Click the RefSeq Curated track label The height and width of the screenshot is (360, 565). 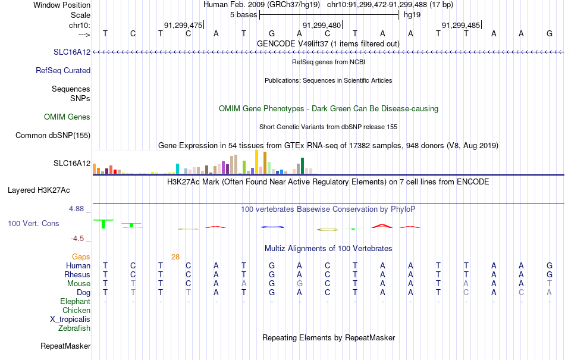tap(63, 71)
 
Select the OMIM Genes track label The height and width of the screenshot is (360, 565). tap(67, 117)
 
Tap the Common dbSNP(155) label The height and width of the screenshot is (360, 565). tap(53, 136)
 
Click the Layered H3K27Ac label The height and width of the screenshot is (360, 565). tap(39, 190)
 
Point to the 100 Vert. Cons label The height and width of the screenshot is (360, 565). tap(33, 223)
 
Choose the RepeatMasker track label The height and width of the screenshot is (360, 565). tap(65, 346)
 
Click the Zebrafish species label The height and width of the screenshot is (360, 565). tap(74, 328)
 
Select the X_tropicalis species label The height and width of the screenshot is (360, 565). tap(70, 320)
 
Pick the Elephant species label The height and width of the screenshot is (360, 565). tap(76, 301)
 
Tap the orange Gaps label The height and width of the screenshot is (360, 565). tap(81, 256)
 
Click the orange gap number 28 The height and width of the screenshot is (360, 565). tap(175, 257)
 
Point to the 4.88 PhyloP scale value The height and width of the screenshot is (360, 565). tap(76, 209)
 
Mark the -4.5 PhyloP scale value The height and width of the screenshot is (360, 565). tap(77, 239)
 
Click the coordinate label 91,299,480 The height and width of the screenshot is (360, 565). tap(321, 25)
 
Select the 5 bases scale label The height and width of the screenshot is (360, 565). tap(244, 15)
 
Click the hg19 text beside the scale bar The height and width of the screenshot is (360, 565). tap(412, 15)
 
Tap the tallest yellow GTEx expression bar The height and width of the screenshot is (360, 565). tap(256, 162)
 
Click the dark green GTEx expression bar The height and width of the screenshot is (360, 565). tap(302, 166)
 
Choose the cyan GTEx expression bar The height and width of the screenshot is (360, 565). tap(178, 169)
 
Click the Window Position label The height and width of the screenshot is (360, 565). tap(62, 5)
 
